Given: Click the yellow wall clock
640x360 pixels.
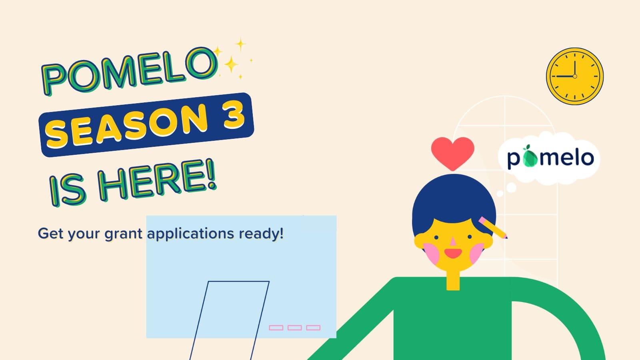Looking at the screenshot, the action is (x=574, y=76).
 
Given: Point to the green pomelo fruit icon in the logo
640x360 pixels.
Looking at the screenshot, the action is (x=530, y=156).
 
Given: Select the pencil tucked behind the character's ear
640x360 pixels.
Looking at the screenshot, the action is (x=493, y=228).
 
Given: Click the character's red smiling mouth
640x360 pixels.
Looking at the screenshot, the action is (x=453, y=253).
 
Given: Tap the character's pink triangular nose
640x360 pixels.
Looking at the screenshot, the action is (x=453, y=241).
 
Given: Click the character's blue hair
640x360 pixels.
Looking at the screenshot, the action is (x=454, y=200).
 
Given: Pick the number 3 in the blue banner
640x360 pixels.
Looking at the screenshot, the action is (x=234, y=116).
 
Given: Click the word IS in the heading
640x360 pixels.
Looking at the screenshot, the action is (x=67, y=190).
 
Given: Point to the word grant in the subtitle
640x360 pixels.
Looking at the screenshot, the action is (x=124, y=234).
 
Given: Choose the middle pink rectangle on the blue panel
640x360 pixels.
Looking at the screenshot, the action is (x=294, y=328).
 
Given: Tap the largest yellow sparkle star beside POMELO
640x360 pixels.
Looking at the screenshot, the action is (x=231, y=64).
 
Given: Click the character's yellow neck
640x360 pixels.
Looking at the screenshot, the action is (x=453, y=280).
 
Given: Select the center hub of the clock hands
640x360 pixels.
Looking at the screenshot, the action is (x=575, y=76).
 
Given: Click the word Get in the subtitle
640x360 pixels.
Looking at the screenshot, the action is (x=50, y=233).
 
